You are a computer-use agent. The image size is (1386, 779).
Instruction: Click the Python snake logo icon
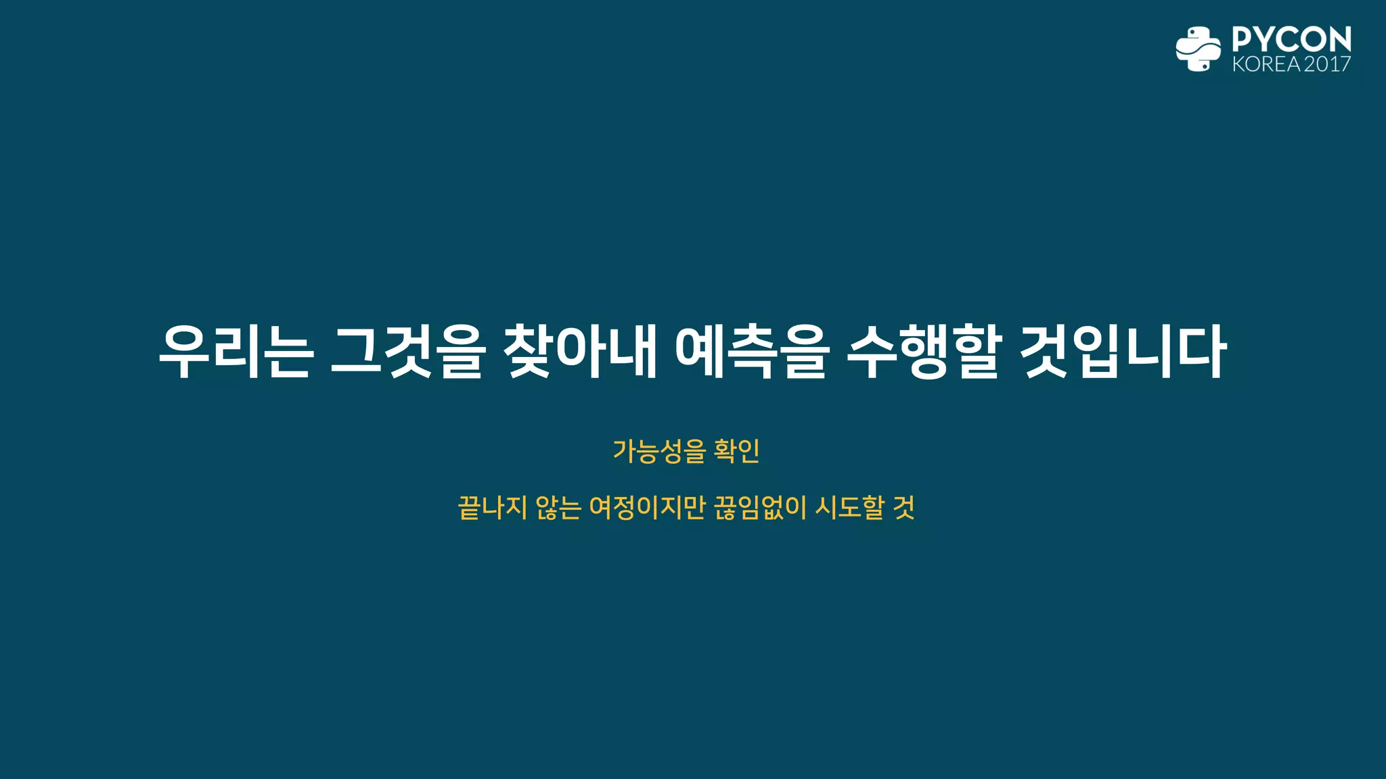(1198, 49)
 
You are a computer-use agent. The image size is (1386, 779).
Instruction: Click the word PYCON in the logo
(1291, 40)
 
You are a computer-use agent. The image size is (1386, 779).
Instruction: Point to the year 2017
(1327, 64)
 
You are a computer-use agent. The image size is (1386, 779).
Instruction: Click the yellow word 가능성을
(659, 451)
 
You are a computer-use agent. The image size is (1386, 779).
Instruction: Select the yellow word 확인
(737, 451)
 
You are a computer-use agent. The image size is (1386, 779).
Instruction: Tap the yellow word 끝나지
(492, 507)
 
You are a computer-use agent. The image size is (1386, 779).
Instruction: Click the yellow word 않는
(558, 507)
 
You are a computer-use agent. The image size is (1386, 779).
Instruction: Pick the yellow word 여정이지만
(648, 507)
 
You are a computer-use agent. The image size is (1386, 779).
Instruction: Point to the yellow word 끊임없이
(761, 507)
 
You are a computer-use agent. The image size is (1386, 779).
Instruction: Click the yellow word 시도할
(849, 507)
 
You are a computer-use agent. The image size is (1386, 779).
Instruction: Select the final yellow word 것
(903, 507)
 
